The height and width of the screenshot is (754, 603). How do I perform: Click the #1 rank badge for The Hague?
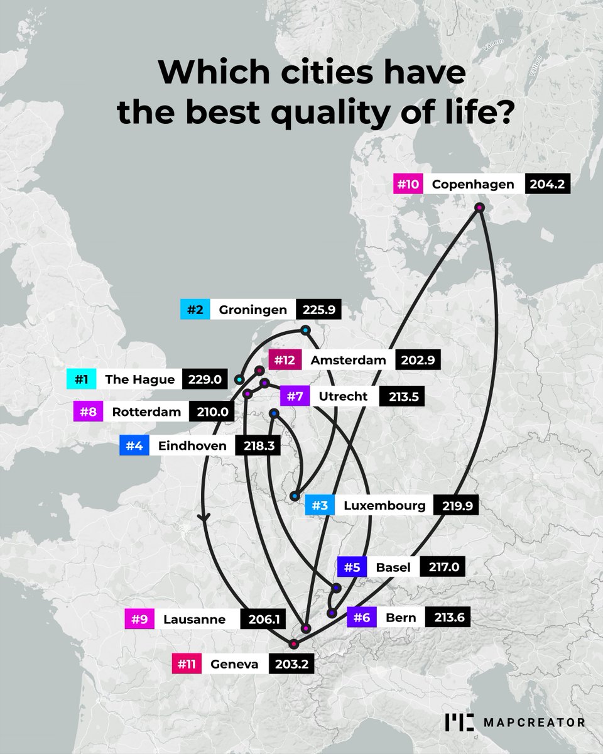[x=80, y=380]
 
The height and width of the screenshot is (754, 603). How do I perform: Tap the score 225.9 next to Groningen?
[x=318, y=309]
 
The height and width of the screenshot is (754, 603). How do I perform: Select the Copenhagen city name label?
[x=474, y=184]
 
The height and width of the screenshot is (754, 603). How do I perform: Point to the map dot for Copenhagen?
[x=480, y=207]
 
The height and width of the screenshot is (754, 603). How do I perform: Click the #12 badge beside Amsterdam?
[x=282, y=361]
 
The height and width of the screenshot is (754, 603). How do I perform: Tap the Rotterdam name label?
[x=146, y=413]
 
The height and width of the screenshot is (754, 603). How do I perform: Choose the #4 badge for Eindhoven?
[x=134, y=446]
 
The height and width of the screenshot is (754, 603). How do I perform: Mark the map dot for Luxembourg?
[x=295, y=496]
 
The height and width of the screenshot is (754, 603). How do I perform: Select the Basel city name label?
[x=393, y=567]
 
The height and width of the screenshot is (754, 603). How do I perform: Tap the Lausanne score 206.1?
[x=263, y=619]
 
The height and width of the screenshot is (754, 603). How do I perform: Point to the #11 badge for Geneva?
[x=189, y=664]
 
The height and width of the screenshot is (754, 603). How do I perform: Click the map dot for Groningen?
[x=305, y=330]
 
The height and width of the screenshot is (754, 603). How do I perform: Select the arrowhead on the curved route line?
[x=203, y=517]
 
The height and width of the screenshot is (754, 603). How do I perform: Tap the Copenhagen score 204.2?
[x=546, y=184]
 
